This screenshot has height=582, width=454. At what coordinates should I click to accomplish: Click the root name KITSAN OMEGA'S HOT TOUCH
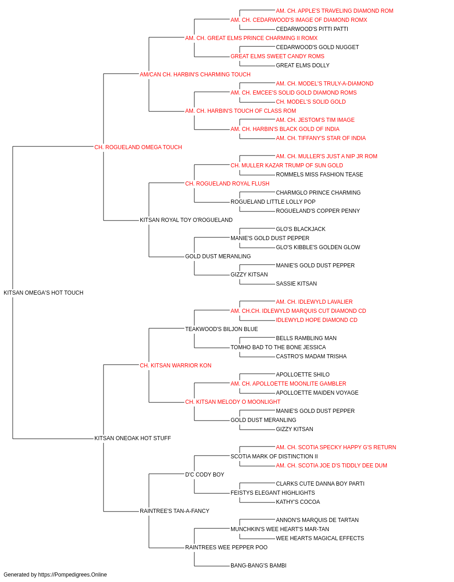(43, 293)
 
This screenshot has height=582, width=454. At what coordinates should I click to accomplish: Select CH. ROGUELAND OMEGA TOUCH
(138, 147)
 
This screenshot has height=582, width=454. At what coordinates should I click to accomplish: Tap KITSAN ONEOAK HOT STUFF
(133, 438)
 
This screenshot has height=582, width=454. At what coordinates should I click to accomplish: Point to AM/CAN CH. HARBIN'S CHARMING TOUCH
(195, 75)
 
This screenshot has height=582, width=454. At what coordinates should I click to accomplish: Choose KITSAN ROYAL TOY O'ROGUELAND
(186, 220)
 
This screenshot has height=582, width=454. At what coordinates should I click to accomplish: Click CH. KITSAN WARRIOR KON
(175, 365)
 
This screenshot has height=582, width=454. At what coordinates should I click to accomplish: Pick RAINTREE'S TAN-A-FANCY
(174, 511)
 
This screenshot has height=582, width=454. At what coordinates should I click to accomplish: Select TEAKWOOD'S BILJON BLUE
(222, 329)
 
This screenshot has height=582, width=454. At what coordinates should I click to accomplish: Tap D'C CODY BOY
(205, 475)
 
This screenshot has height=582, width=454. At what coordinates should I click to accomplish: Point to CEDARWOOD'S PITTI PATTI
(312, 29)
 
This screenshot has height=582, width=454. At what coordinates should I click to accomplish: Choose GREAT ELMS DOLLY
(302, 65)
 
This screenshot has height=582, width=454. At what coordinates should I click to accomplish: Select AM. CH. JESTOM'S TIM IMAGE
(315, 120)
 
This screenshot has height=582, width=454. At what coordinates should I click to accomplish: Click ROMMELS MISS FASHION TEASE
(319, 174)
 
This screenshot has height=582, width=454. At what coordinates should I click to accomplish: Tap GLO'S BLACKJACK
(301, 229)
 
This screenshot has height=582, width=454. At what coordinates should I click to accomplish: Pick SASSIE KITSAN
(296, 284)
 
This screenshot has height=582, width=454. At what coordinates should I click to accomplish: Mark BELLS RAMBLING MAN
(306, 338)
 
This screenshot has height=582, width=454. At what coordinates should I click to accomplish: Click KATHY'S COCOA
(298, 502)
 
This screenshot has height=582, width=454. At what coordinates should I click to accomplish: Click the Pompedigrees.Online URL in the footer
(72, 575)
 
